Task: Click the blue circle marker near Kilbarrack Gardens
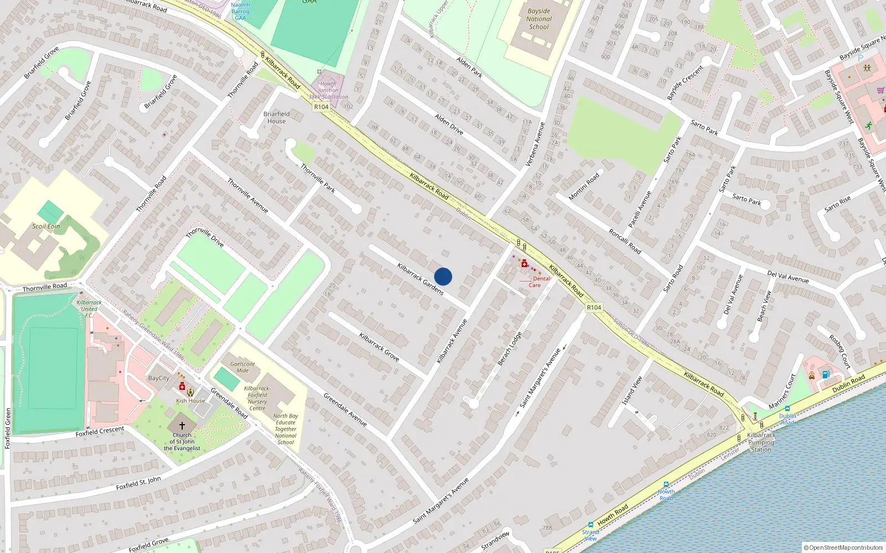coord(443,276)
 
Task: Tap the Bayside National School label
coord(539,19)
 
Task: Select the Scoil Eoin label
coord(46,226)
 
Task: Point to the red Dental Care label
coord(537,282)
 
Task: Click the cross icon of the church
coord(182,426)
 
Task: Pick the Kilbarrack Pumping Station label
coord(761,442)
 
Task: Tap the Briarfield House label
coord(276,117)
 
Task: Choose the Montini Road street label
coord(584,186)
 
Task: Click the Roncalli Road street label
coord(625,242)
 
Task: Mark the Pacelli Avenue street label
coord(640,210)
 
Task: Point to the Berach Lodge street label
coord(509,349)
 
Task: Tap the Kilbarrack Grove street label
coord(379,347)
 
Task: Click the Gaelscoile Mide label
coord(243,367)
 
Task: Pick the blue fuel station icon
coord(826,374)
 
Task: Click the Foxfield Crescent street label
coord(100,431)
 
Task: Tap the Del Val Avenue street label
coord(788,276)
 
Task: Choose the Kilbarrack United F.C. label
coord(89,309)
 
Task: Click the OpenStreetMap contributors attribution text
coord(846,547)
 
